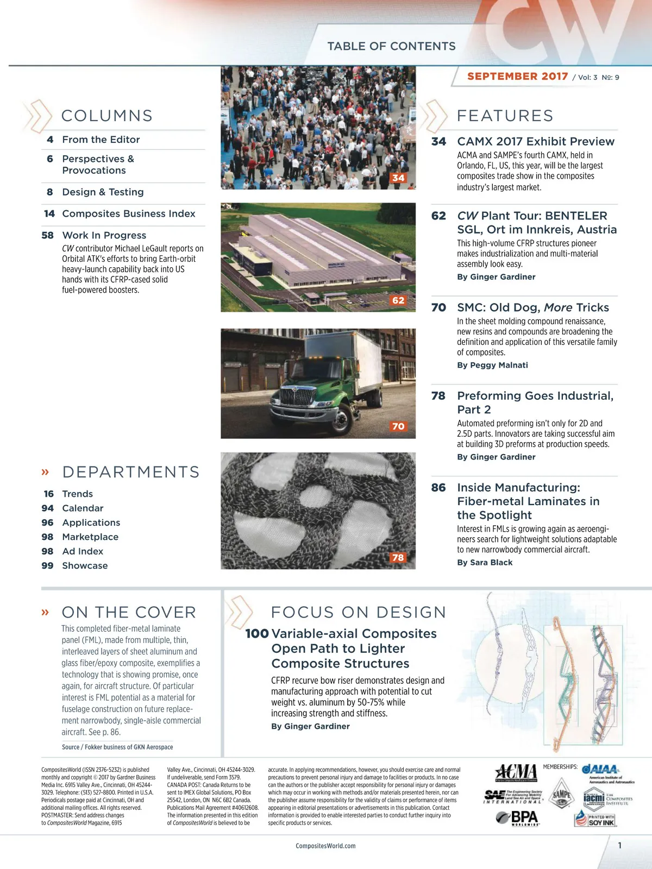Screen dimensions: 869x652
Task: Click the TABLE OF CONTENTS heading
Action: coord(391,46)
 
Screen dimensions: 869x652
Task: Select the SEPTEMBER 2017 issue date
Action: coord(517,77)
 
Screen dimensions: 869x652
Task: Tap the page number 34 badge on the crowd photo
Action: coord(398,178)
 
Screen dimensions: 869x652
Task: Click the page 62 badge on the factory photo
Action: coord(398,300)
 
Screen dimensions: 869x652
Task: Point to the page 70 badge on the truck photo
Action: coord(398,426)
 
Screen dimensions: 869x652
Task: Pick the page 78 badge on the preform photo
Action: coord(398,557)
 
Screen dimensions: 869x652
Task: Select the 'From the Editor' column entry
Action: coord(101,140)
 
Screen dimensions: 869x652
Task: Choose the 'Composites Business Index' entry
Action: coord(129,213)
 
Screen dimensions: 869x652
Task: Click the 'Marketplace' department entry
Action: coord(90,537)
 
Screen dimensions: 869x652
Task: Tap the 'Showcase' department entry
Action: coord(85,565)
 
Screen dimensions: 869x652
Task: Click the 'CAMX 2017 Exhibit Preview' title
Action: coord(536,142)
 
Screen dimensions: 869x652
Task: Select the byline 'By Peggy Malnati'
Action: coord(492,365)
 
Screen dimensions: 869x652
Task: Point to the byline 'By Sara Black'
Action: coord(485,562)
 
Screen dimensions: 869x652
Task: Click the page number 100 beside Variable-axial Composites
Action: coord(257,634)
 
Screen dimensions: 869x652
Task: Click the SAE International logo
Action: coord(513,797)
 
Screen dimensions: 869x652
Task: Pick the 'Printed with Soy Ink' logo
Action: coord(595,819)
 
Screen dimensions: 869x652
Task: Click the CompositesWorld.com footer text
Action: coord(325,846)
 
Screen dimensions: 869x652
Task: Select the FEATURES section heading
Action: coord(505,116)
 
